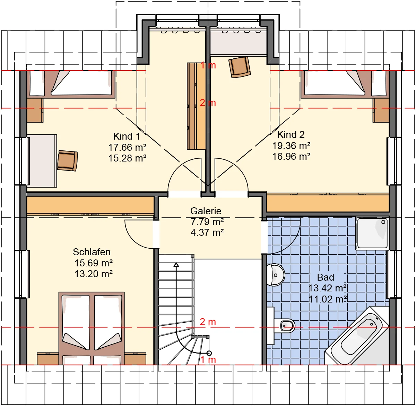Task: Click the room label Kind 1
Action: pyautogui.click(x=127, y=136)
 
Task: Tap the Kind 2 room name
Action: pyautogui.click(x=291, y=134)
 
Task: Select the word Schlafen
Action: pyautogui.click(x=92, y=252)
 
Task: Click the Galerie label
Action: pyautogui.click(x=206, y=211)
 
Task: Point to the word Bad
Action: pyautogui.click(x=326, y=277)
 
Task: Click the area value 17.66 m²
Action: pyautogui.click(x=128, y=147)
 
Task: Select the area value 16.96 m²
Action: pyautogui.click(x=291, y=157)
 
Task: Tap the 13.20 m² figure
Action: pyautogui.click(x=93, y=274)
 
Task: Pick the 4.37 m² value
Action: pyautogui.click(x=207, y=233)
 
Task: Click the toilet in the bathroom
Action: pyautogui.click(x=285, y=326)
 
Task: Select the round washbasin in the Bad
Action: pyautogui.click(x=276, y=275)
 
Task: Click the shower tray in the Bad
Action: pyautogui.click(x=372, y=234)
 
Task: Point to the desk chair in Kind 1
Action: pyautogui.click(x=67, y=160)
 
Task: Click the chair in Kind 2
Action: pyautogui.click(x=240, y=67)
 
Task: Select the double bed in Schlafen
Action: pyautogui.click(x=92, y=328)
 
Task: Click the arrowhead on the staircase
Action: pyautogui.click(x=176, y=265)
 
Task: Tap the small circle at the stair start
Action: pyautogui.click(x=209, y=353)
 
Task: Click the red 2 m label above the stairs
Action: pyautogui.click(x=208, y=322)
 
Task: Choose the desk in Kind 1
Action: pyautogui.click(x=42, y=161)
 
